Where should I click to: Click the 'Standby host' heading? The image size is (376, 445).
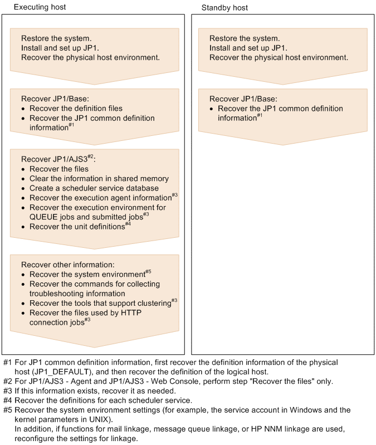pyautogui.click(x=224, y=8)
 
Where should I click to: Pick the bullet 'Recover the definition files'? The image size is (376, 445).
pyautogui.click(x=76, y=108)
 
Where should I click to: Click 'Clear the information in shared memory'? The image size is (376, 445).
pyautogui.click(x=99, y=178)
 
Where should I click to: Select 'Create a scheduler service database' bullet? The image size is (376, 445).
pyautogui.click(x=94, y=188)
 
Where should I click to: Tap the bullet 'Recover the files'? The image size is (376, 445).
pyautogui.click(x=58, y=169)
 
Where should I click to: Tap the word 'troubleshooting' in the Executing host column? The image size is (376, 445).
pyautogui.click(x=56, y=294)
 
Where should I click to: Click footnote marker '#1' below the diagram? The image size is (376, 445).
pyautogui.click(x=8, y=362)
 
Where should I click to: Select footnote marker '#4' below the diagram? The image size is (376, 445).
pyautogui.click(x=8, y=400)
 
